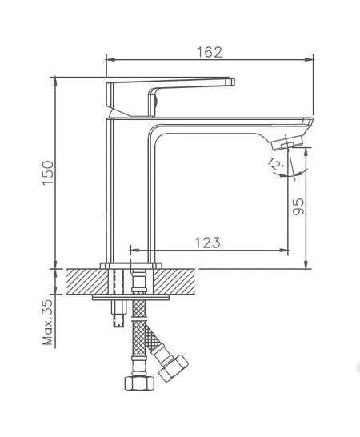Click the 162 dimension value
(210, 52)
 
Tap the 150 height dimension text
(48, 172)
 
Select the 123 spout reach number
(207, 243)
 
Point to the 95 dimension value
(298, 206)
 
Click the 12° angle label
(275, 164)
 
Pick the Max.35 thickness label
(48, 323)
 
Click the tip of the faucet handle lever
(232, 82)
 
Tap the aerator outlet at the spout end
(287, 144)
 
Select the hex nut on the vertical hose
(139, 383)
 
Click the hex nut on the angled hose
(174, 368)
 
